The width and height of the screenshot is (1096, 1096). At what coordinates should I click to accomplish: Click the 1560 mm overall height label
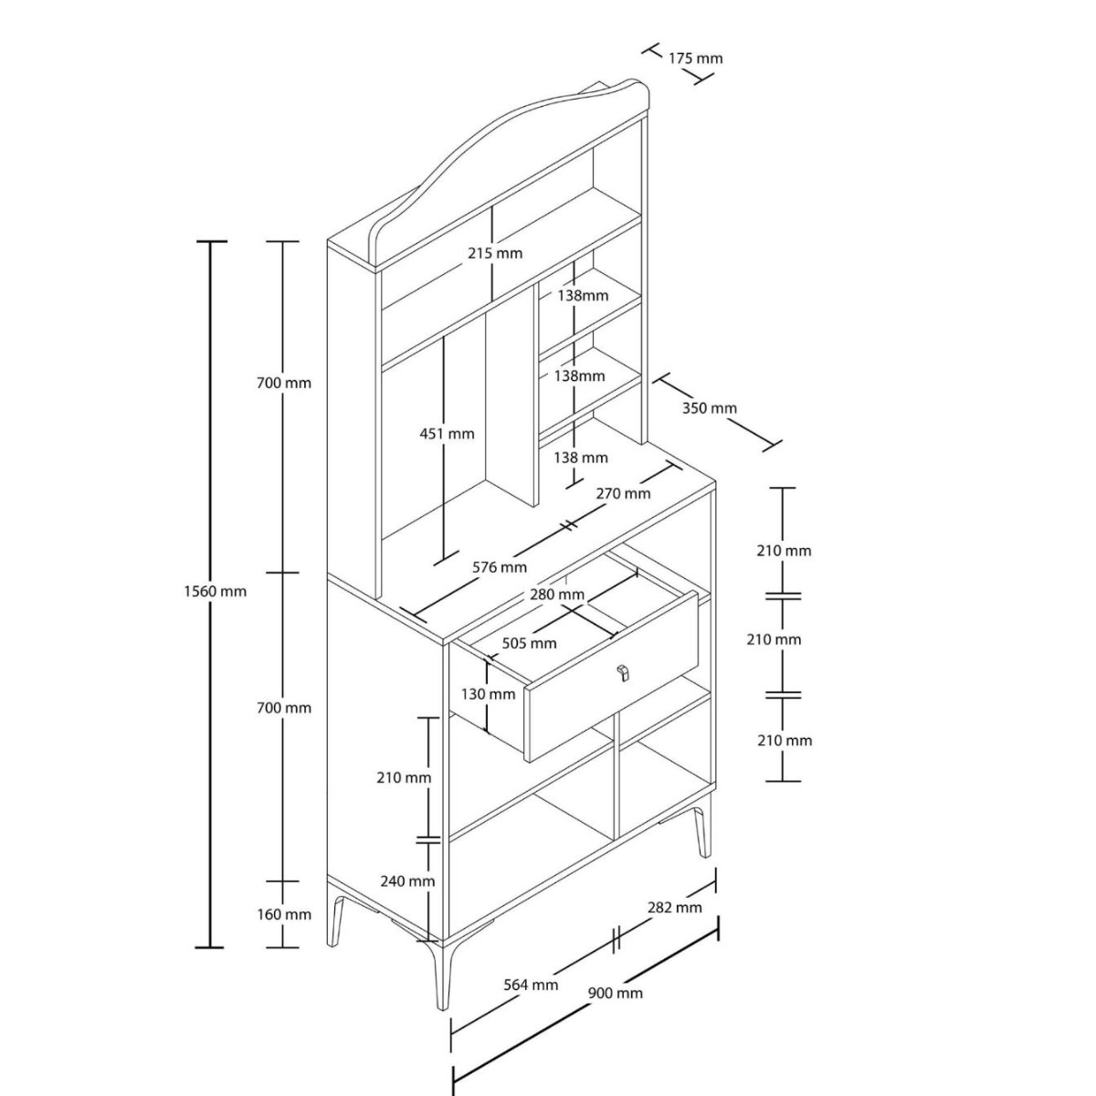coord(215,592)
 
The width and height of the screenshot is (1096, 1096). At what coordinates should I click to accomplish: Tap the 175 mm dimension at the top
coord(695,58)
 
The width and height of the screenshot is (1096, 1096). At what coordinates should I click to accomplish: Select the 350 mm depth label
coord(710,407)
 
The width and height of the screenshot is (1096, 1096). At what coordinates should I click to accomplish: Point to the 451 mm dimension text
coord(447,434)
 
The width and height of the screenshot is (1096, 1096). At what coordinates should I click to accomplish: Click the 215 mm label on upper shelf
coord(495,253)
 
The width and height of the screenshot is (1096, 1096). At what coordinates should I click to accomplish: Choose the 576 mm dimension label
coord(500,567)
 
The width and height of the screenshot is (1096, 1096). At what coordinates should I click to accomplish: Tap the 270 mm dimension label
coord(623,494)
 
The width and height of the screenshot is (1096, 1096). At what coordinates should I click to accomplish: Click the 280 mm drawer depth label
coord(557,595)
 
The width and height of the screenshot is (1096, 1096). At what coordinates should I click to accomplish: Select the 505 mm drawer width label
coord(529,643)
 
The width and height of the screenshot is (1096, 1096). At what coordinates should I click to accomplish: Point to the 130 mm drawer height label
coord(488,694)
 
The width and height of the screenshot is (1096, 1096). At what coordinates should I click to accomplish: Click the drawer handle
coord(623,672)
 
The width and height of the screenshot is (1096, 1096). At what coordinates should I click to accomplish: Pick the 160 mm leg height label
coord(284,931)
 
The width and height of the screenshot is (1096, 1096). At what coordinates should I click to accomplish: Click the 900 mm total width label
coord(616,994)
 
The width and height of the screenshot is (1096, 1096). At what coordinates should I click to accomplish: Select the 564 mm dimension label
coord(531,985)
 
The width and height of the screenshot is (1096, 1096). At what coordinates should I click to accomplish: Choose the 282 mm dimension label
coord(675,923)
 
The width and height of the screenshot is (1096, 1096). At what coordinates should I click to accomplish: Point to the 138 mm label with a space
coord(580,458)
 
